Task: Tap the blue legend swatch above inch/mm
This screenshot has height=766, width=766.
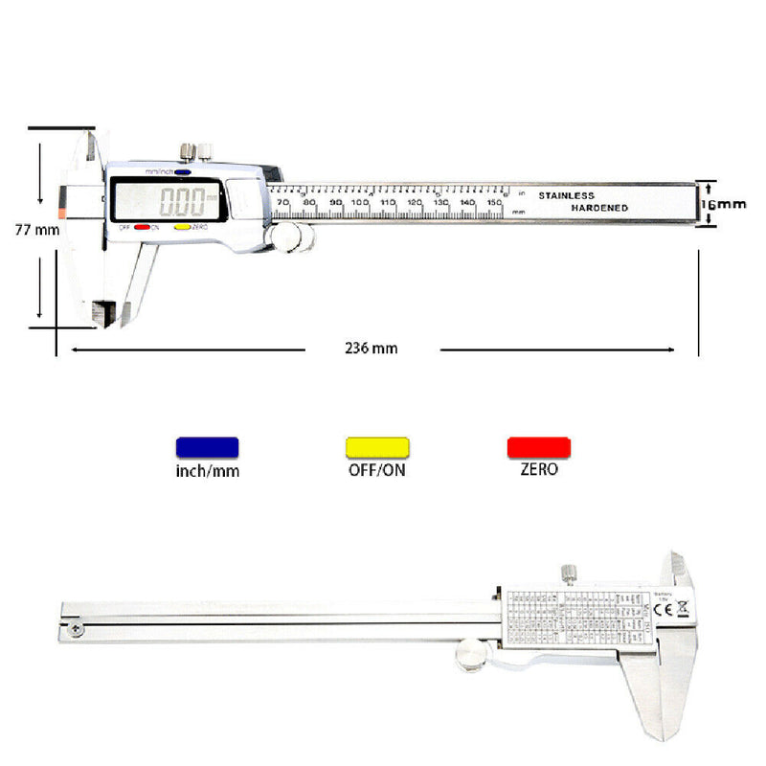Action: [x=207, y=447]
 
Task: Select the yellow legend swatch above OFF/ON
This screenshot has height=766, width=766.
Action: [x=376, y=447]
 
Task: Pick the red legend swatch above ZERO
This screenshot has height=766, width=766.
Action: [x=538, y=447]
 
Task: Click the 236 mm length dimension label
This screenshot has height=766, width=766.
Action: [x=371, y=349]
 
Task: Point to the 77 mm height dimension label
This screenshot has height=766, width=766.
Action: [x=37, y=230]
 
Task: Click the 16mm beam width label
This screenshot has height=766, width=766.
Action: [x=723, y=205]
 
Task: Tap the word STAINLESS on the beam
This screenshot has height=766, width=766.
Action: [x=566, y=194]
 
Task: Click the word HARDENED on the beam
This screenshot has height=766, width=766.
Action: [x=599, y=208]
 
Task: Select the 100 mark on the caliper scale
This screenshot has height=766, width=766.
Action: [x=360, y=203]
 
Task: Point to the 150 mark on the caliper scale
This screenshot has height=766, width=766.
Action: [x=494, y=203]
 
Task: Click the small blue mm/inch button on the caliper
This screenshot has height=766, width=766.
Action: [x=182, y=173]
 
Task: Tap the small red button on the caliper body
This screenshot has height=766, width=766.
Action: [x=142, y=228]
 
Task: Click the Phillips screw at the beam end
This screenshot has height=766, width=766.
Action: [x=77, y=628]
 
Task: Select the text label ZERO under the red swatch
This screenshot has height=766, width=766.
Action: [x=538, y=470]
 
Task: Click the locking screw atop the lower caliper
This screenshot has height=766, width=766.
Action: [x=569, y=574]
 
